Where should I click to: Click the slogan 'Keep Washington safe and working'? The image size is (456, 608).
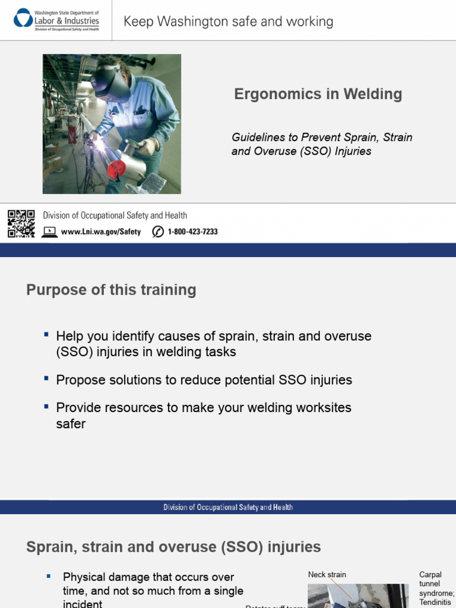point(228,22)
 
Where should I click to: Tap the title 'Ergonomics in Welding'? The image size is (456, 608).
point(318,94)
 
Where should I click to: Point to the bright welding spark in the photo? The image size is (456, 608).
point(94,143)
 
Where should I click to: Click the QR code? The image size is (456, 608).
point(21,223)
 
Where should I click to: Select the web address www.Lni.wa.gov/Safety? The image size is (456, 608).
point(101,232)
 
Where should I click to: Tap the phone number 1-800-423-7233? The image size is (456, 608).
point(192,232)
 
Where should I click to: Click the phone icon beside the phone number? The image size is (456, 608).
point(158,232)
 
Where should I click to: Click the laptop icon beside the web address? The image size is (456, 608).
point(50,232)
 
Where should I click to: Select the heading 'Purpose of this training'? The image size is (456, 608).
point(111,290)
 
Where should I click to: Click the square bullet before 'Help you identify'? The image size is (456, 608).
point(46,335)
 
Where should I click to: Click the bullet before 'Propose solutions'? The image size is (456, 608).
point(46,378)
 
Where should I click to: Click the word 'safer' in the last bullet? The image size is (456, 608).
point(71,424)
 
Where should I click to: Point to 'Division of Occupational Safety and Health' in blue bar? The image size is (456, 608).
point(228,507)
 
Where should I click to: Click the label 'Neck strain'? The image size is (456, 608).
point(327,575)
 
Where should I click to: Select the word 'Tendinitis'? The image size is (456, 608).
point(435,602)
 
